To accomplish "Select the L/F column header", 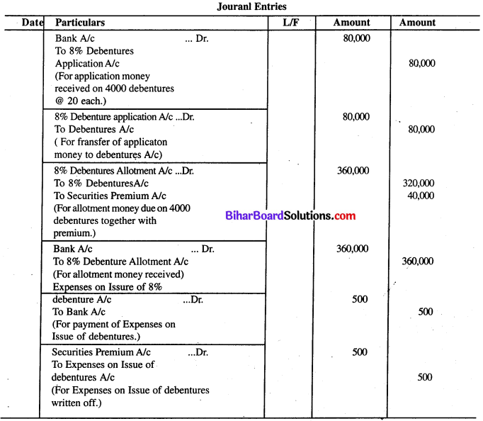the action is tap(291, 23).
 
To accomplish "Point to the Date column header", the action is tap(33, 23).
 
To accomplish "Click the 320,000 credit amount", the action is tap(418, 183).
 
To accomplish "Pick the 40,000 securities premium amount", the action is tap(421, 195).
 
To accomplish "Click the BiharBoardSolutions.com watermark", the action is tap(290, 216).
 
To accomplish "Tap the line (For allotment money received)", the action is tap(119, 274).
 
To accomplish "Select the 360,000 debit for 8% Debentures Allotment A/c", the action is tap(351, 170).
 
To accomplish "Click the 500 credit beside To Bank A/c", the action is tap(425, 312).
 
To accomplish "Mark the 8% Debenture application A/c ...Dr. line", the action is tap(124, 117).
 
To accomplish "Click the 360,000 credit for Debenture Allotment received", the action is tap(417, 262).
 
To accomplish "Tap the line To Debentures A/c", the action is tap(94, 130).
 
